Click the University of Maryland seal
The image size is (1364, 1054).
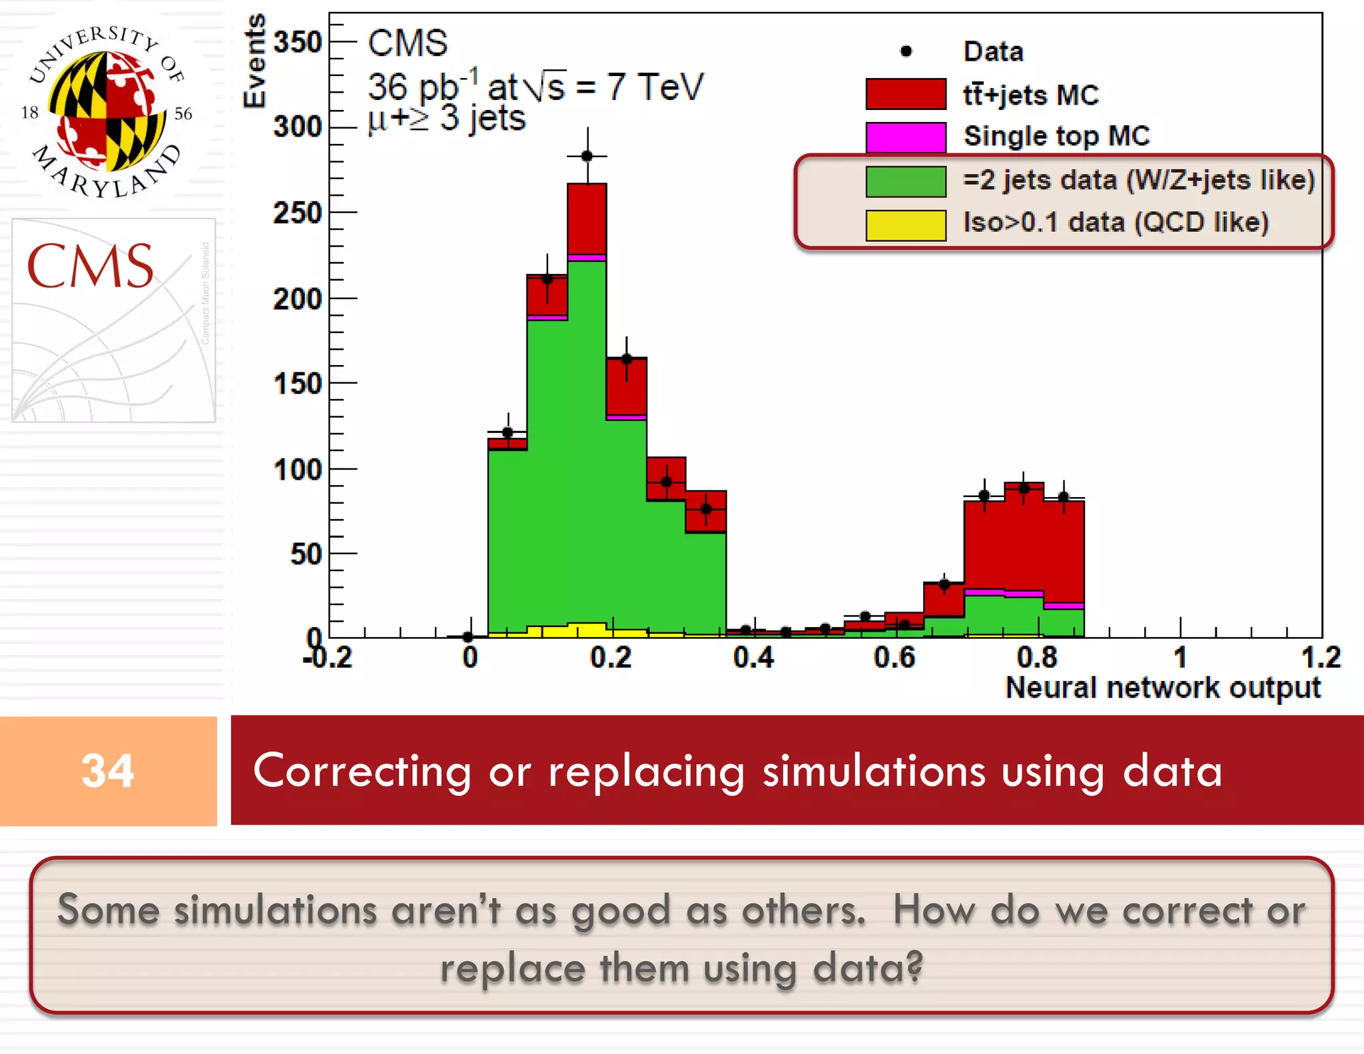pyautogui.click(x=107, y=111)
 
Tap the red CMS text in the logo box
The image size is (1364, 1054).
pyautogui.click(x=90, y=266)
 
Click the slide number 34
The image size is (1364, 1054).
pyautogui.click(x=107, y=771)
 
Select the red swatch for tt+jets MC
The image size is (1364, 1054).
pyautogui.click(x=905, y=94)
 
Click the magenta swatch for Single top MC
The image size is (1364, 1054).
pyautogui.click(x=905, y=137)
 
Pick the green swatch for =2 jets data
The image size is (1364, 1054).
pyautogui.click(x=905, y=181)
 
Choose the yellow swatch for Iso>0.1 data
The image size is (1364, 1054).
pyautogui.click(x=905, y=225)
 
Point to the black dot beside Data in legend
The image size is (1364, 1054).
pyautogui.click(x=906, y=51)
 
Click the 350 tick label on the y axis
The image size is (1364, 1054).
pyautogui.click(x=298, y=42)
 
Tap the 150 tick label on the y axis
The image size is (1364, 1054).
pyautogui.click(x=298, y=384)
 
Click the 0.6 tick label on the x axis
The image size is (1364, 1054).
pyautogui.click(x=894, y=658)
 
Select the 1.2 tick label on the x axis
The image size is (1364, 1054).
pyautogui.click(x=1321, y=658)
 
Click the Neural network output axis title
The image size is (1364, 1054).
pyautogui.click(x=1162, y=688)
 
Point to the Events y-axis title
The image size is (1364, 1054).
pyautogui.click(x=254, y=61)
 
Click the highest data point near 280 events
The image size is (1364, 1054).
pyautogui.click(x=587, y=156)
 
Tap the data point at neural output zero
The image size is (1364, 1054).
pyautogui.click(x=468, y=637)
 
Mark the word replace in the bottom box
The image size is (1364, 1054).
pyautogui.click(x=512, y=968)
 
